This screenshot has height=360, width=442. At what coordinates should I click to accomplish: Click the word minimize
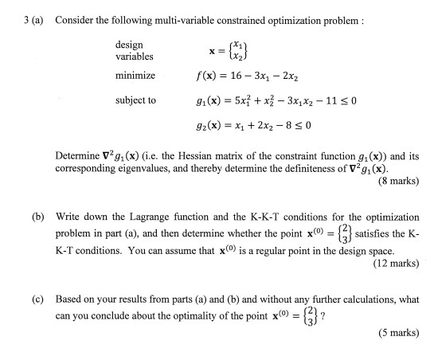pyautogui.click(x=135, y=77)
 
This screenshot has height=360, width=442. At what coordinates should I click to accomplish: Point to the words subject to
pyautogui.click(x=135, y=101)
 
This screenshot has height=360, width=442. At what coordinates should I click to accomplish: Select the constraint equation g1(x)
pyautogui.click(x=272, y=101)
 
